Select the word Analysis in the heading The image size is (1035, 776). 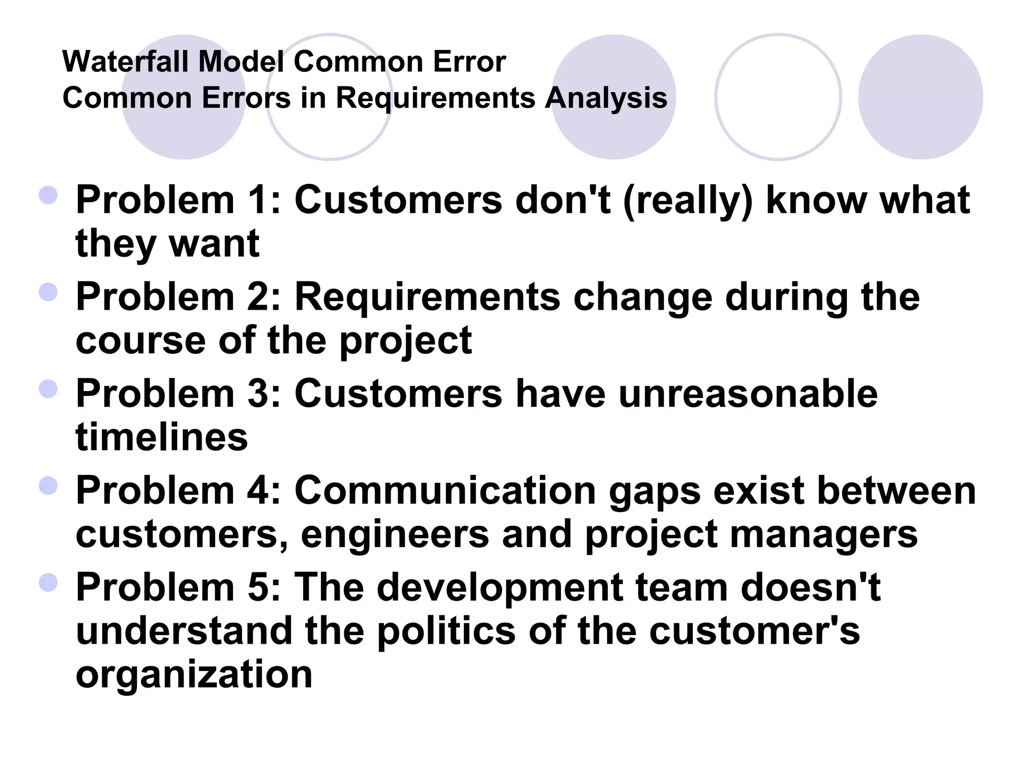605,98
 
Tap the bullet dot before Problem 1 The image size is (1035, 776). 48,195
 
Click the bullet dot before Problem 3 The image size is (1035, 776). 48,389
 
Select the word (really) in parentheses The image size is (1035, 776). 688,201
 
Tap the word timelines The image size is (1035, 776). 162,437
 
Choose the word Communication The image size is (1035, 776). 445,491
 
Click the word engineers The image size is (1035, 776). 395,535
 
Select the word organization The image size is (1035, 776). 194,675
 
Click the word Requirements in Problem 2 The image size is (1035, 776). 428,297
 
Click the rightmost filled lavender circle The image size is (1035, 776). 920,97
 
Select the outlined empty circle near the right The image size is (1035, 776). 778,97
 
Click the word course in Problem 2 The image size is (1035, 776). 140,341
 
